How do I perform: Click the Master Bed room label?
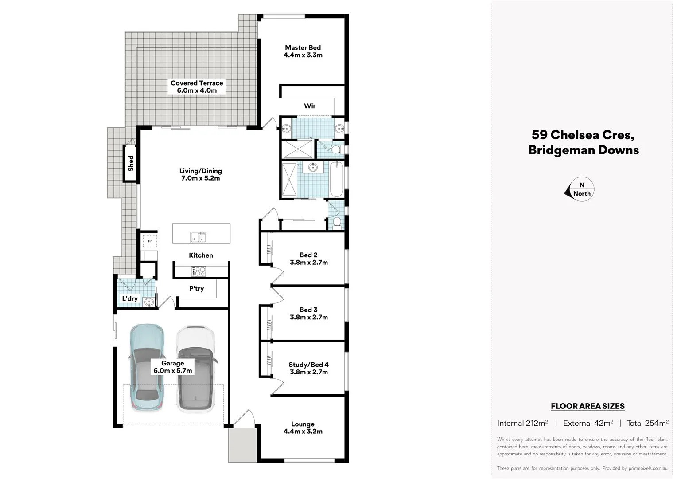point(303,48)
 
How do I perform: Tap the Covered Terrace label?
point(197,83)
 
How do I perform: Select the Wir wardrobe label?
point(310,106)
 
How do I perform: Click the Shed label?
point(130,163)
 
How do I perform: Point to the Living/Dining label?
point(200,171)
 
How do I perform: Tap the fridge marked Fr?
point(150,241)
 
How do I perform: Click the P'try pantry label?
point(196,289)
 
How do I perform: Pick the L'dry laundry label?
point(130,299)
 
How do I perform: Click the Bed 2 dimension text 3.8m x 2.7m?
point(309,263)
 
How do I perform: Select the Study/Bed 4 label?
point(308,365)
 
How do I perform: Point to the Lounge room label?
point(303,424)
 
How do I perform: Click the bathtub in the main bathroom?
point(336,180)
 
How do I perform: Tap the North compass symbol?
point(581,190)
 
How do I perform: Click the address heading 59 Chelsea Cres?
point(583,135)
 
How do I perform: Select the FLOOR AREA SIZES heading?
point(588,406)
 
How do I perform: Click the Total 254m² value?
point(647,423)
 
